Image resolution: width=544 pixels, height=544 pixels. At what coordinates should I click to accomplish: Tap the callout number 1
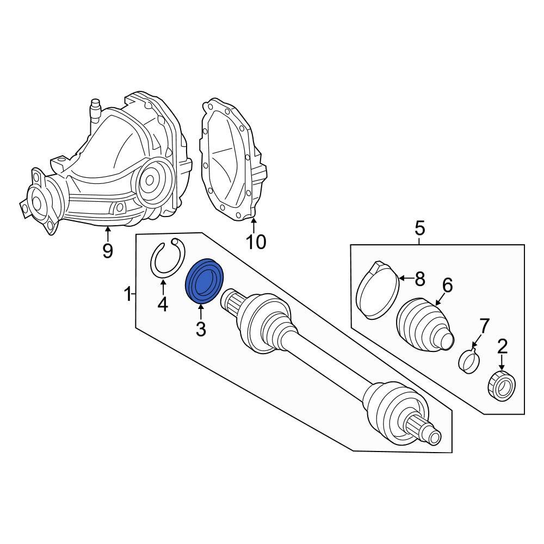click(128, 295)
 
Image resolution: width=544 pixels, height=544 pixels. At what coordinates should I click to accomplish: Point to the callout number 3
click(201, 329)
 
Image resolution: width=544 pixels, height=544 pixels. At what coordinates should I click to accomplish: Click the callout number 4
click(163, 305)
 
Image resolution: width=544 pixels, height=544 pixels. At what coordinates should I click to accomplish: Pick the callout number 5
click(419, 228)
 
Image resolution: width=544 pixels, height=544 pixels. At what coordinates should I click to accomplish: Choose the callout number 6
click(447, 285)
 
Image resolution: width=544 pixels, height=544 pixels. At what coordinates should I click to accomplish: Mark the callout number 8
click(419, 280)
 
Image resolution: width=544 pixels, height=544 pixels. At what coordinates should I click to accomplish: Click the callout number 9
click(108, 251)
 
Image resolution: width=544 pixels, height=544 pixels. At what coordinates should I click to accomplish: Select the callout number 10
click(255, 241)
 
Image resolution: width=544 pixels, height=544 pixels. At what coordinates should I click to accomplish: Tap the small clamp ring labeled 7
click(469, 361)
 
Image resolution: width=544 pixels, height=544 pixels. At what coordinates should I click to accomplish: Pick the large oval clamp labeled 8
click(376, 289)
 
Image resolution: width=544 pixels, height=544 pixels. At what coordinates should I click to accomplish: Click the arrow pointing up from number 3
click(201, 312)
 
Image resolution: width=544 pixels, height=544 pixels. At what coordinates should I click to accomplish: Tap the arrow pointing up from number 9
click(108, 234)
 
